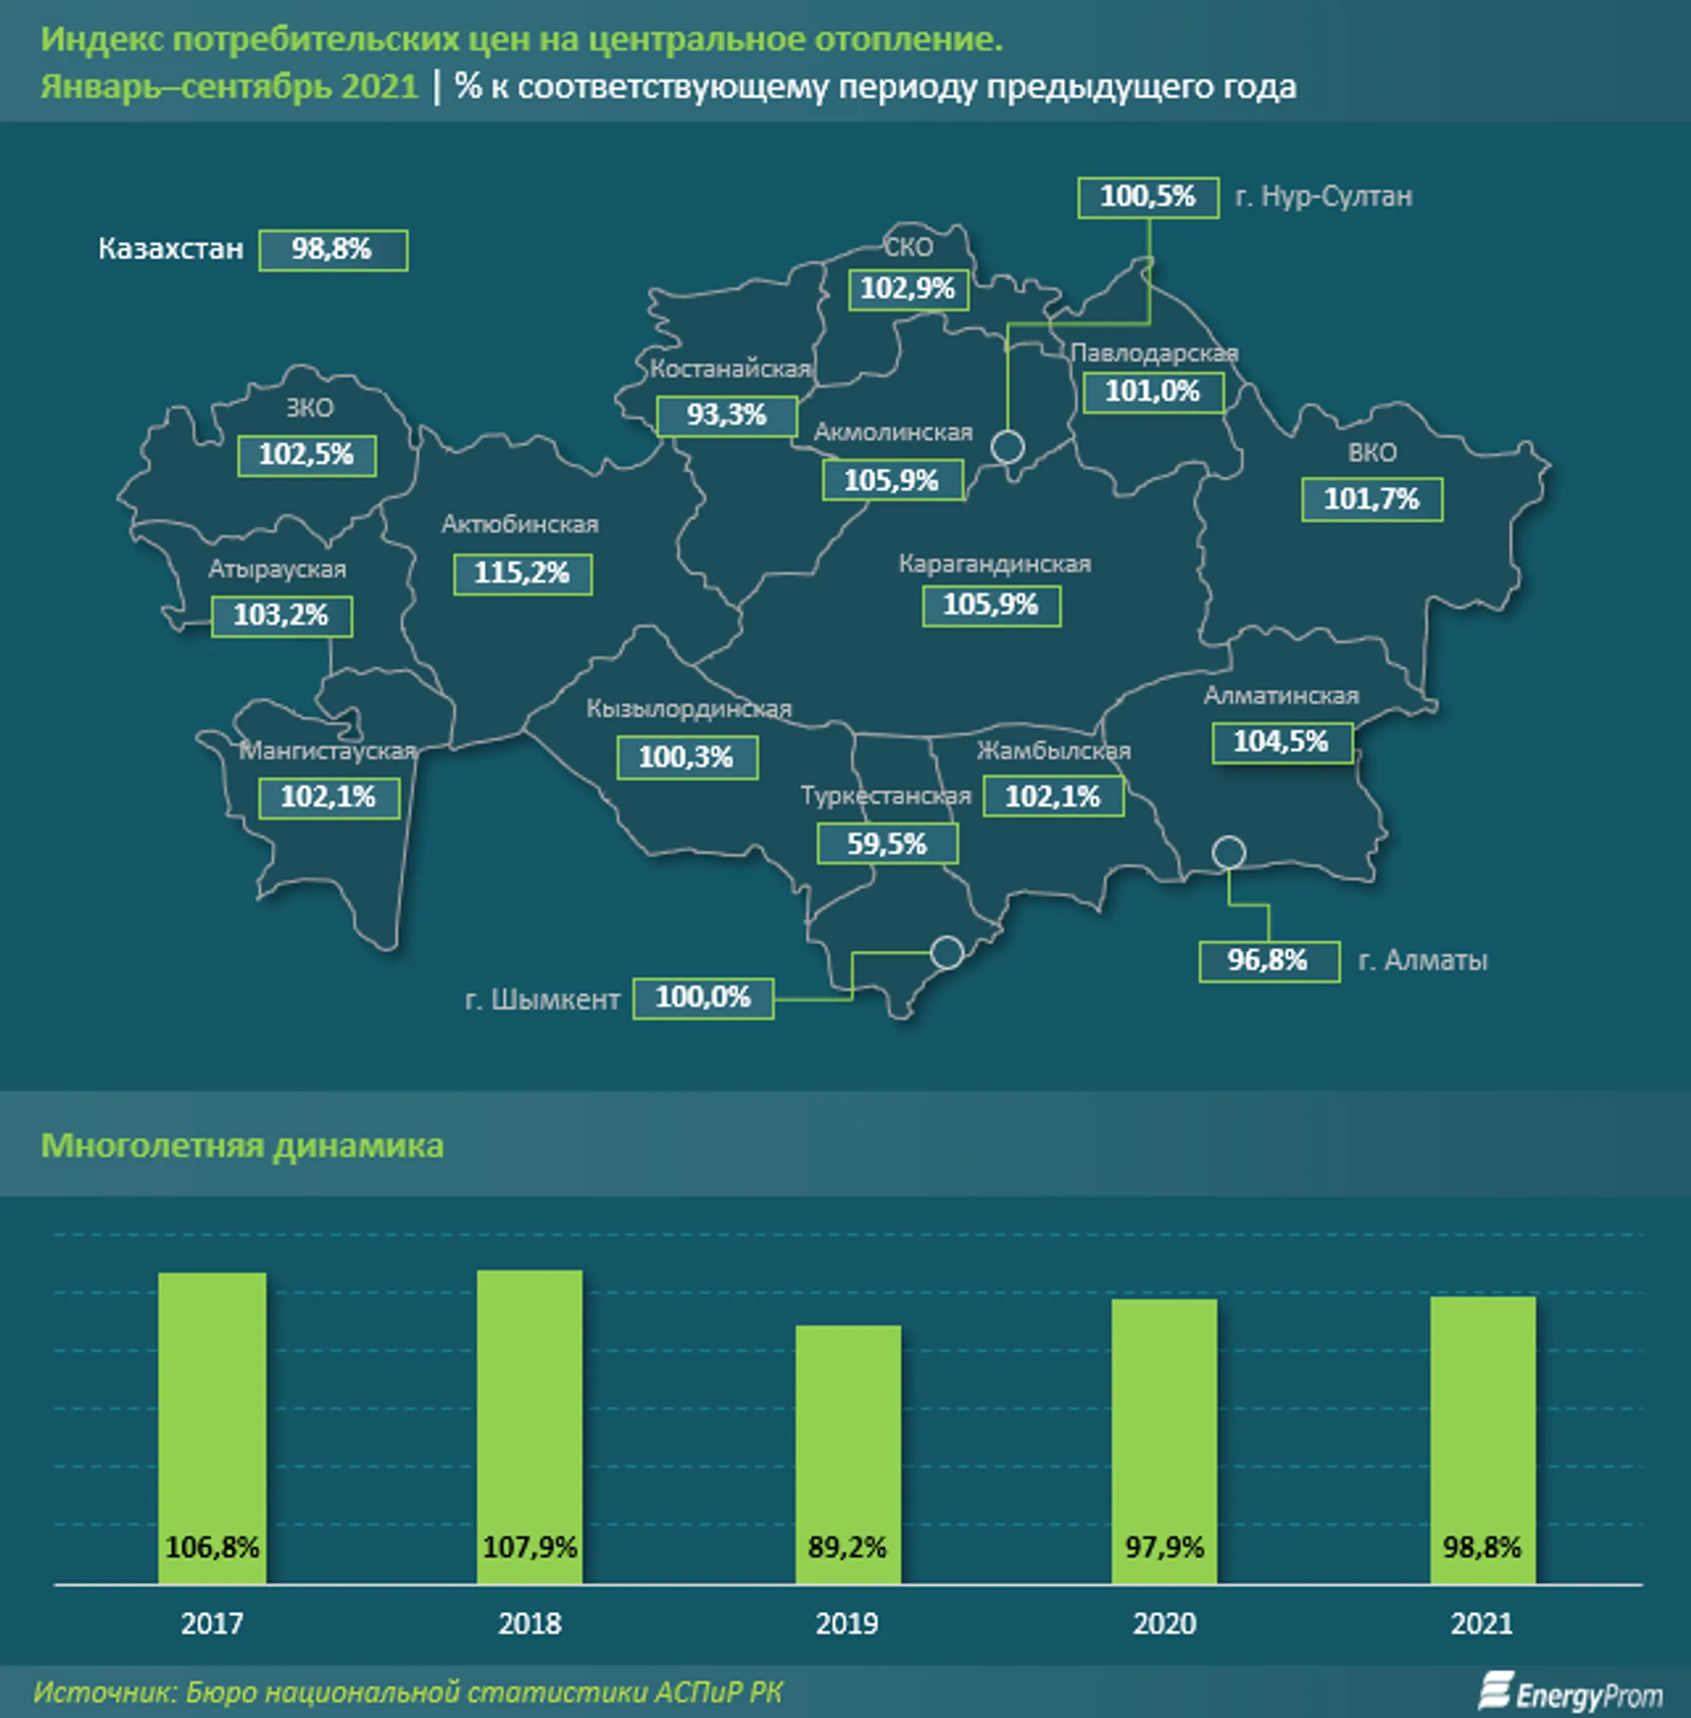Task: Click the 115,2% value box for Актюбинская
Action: click(522, 574)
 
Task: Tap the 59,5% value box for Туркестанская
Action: click(886, 844)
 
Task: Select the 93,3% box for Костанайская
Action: click(727, 415)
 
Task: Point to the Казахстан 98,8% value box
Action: click(333, 250)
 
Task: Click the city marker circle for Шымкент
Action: click(946, 952)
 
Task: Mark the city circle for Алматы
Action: click(1228, 853)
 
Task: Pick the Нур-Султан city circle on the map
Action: click(1007, 446)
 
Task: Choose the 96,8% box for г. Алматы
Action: click(1268, 961)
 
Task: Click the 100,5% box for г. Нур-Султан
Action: click(1148, 197)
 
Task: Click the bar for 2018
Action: click(529, 1425)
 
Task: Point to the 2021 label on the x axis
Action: click(1481, 1625)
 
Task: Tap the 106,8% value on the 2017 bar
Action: click(212, 1548)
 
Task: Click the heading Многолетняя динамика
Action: click(243, 1146)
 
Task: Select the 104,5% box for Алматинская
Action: click(1281, 742)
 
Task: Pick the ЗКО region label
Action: click(309, 409)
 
